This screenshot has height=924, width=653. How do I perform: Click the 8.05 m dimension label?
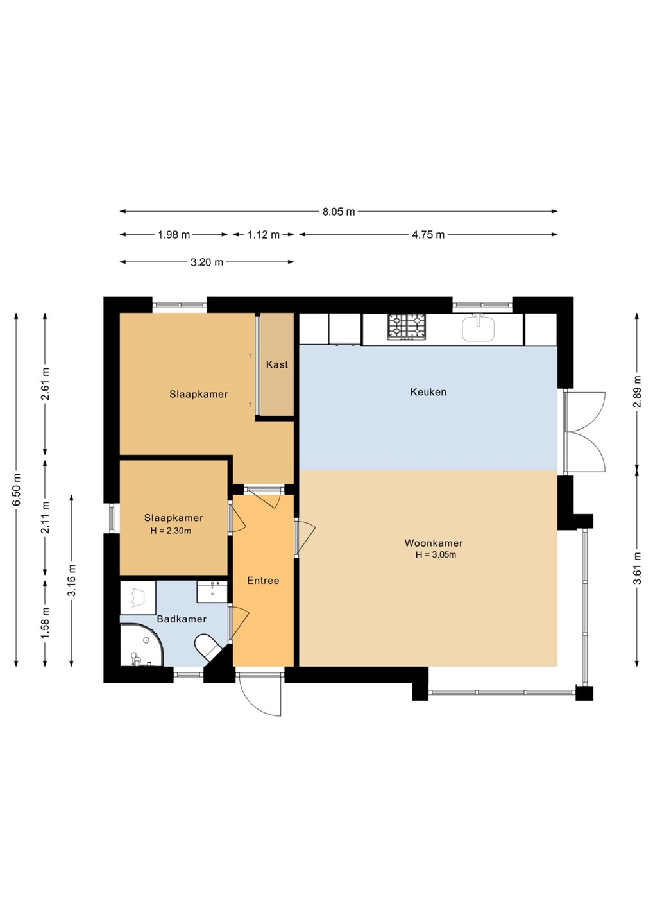339,212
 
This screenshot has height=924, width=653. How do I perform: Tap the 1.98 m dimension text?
174,235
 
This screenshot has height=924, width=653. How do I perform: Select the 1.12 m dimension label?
264,235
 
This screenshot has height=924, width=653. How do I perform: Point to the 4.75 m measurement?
428,235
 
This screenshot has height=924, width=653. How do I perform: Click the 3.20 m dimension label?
207,262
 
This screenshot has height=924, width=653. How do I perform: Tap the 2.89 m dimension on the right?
638,391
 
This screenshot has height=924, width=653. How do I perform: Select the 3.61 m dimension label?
638,568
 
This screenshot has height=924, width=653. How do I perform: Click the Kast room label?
277,364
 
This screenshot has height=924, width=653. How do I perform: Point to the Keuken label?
428,392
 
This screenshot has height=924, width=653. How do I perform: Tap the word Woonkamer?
434,543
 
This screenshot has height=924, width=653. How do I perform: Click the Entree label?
263,581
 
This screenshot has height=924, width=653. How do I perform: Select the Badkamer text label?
182,619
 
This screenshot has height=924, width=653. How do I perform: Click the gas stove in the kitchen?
407,327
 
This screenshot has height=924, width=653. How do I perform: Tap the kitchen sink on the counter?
478,328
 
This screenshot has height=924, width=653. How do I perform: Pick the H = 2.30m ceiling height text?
171,531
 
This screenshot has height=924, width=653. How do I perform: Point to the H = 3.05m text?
436,555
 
